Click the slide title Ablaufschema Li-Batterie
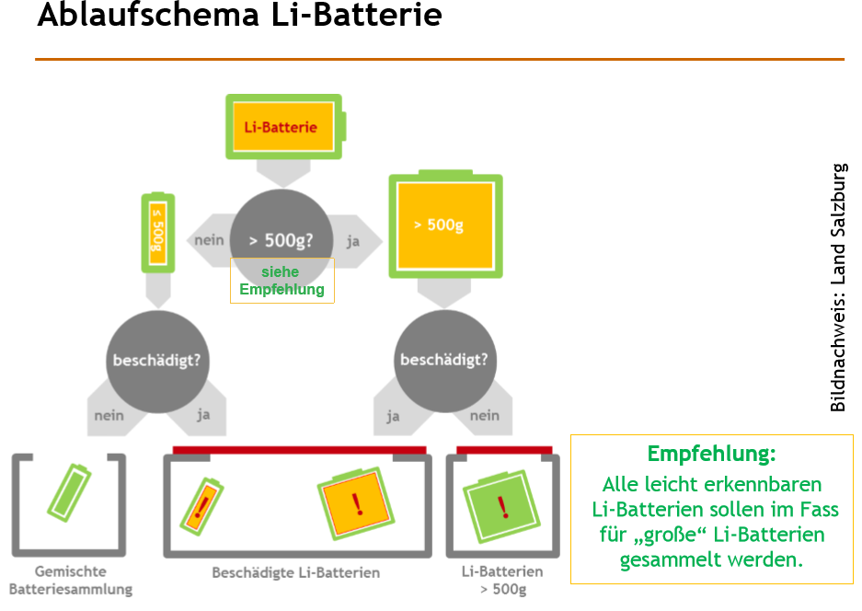[x=239, y=17]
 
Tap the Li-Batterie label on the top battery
[x=281, y=127]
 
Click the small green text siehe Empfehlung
[x=282, y=281]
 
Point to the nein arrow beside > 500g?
[x=210, y=240]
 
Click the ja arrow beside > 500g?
[x=352, y=241]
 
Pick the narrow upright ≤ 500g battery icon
[x=157, y=233]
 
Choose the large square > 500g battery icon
[x=445, y=225]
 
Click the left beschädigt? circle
[x=156, y=360]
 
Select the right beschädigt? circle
[x=443, y=360]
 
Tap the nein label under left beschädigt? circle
[x=109, y=415]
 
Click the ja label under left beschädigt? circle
[x=203, y=415]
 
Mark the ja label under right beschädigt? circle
[x=394, y=416]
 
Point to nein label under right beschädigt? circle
[x=485, y=416]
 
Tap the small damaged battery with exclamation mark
[x=201, y=504]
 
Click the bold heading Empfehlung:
[x=711, y=454]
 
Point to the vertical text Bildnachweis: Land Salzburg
[x=837, y=287]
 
